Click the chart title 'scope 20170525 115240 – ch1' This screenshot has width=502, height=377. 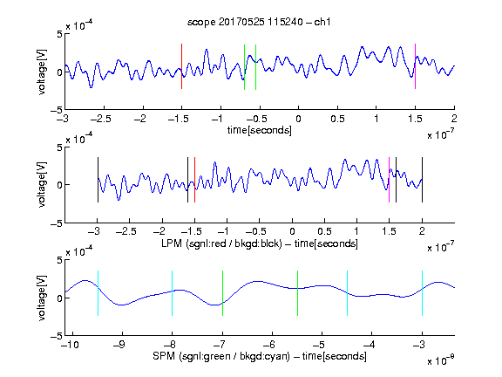coord(259,22)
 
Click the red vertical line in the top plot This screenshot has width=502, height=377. coord(181,66)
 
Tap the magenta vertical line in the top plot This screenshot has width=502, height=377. coord(415,66)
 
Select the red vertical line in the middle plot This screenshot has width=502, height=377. coord(194,180)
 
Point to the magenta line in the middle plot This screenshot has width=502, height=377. coord(389,180)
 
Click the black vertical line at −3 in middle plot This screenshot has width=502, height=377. coord(98,180)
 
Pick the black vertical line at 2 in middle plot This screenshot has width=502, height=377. coord(422,180)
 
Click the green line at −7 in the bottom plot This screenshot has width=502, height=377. coord(222,293)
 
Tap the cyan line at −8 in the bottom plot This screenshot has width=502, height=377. coord(172,293)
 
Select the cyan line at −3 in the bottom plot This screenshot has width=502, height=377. coord(422,293)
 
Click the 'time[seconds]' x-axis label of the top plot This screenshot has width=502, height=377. coord(260,130)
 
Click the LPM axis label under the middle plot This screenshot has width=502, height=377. coord(260,243)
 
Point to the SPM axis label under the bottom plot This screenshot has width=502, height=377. coord(260,356)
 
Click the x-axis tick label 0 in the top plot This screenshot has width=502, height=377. coord(298,119)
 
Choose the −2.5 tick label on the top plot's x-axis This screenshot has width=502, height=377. coord(100,119)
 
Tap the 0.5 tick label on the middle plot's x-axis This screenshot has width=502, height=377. coord(324,231)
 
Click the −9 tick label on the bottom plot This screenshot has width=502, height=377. coord(119,345)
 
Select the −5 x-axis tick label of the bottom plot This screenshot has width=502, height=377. coord(318,345)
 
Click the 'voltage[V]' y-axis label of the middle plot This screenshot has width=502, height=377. coord(42,185)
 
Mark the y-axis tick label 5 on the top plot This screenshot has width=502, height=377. coord(59,34)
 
